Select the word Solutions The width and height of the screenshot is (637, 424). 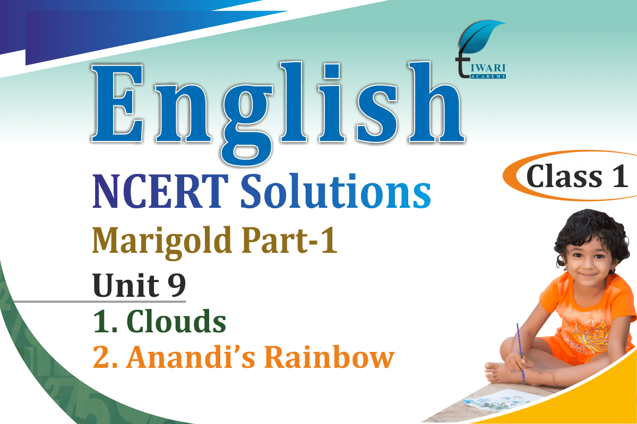335,190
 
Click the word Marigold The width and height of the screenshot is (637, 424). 162,243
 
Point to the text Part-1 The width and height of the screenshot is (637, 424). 289,240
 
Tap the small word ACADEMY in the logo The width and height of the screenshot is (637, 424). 488,76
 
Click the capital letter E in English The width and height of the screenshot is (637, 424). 117,103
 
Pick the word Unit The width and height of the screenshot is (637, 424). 126,285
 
